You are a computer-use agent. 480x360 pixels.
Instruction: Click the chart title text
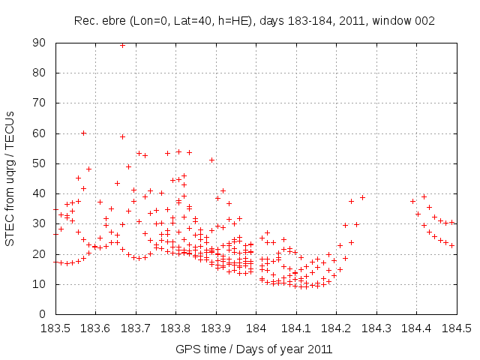point(254,21)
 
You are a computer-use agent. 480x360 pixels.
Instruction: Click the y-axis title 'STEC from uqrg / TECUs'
point(10,178)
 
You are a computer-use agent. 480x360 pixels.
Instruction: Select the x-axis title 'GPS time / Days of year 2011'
point(254,349)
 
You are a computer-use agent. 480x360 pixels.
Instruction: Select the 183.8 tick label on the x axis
point(175,328)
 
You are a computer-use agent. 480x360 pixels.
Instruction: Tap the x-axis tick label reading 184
point(256,328)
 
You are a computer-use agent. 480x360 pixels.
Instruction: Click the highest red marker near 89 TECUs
point(122,45)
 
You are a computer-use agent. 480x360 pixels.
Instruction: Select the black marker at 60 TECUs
point(83,133)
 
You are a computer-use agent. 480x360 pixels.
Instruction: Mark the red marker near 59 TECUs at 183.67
point(122,136)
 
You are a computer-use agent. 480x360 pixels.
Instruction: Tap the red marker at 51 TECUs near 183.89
point(211,160)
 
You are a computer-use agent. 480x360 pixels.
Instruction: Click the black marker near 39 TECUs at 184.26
point(362,197)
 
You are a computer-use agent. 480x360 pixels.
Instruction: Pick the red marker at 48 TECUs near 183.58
point(88,169)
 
